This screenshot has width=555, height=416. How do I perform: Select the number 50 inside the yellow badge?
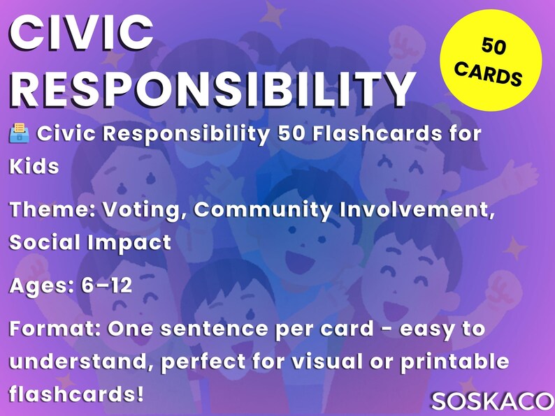(x=493, y=47)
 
